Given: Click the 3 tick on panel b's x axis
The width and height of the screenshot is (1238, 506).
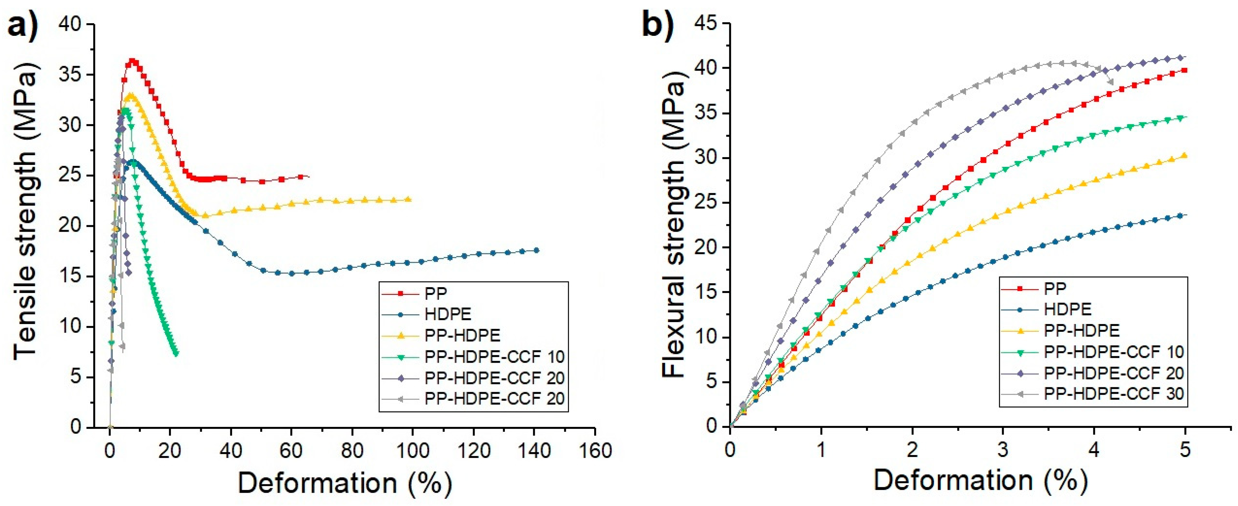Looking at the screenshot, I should (x=1003, y=451).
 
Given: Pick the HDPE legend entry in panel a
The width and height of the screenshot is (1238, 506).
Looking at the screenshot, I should (x=447, y=314).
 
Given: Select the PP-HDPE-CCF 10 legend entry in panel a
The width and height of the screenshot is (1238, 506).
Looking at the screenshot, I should (x=494, y=356).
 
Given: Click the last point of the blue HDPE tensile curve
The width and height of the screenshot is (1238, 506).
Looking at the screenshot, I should (x=537, y=250).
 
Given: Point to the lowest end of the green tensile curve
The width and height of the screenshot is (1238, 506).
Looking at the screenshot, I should (x=176, y=354).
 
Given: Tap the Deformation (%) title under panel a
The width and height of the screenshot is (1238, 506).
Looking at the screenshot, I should (x=345, y=483).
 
